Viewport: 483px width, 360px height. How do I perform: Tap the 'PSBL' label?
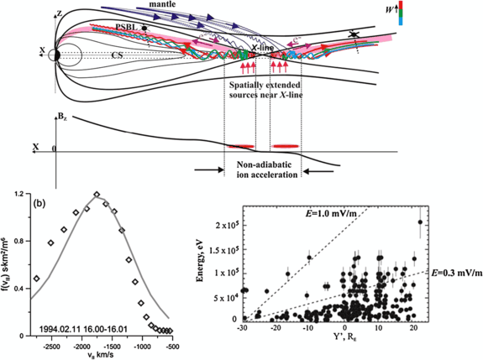[129, 27]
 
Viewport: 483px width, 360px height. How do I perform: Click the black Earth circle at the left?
[55, 56]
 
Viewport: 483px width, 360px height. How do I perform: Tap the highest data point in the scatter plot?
[420, 222]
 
